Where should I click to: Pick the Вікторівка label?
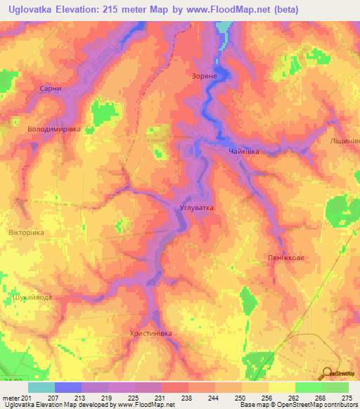point(26,232)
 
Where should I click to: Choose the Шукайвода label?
point(32,297)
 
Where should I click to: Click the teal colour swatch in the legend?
point(41,387)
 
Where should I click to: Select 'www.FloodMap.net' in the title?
point(229,9)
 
